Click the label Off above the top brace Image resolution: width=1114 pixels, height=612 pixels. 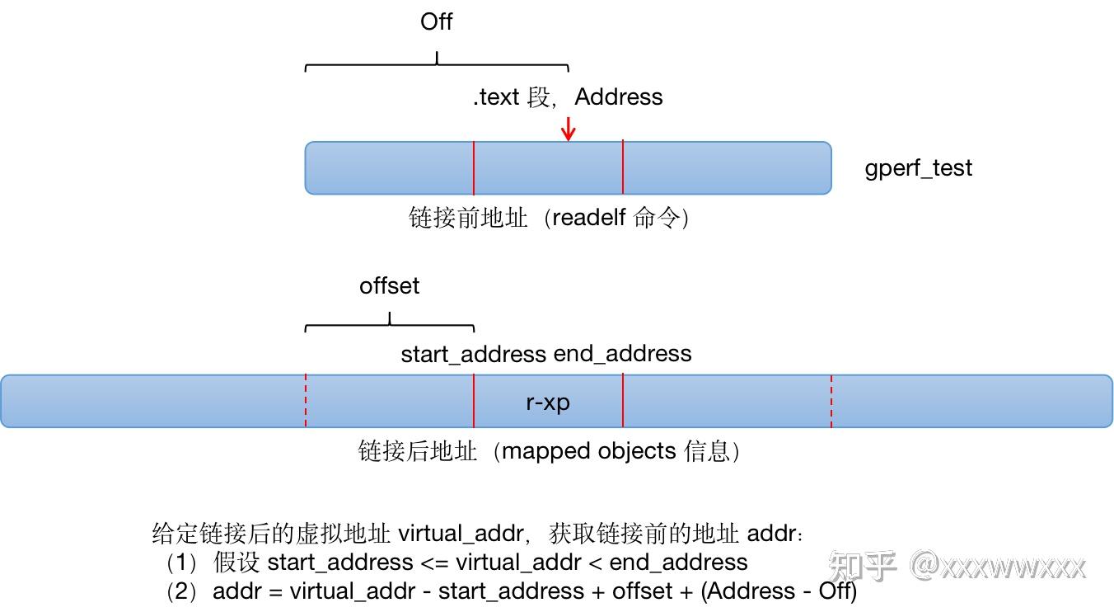pyautogui.click(x=436, y=22)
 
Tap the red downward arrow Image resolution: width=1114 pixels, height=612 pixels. pyautogui.click(x=568, y=128)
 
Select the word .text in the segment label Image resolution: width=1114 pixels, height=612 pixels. pyautogui.click(x=496, y=97)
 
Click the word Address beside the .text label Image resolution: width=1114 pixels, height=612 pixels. pyautogui.click(x=618, y=97)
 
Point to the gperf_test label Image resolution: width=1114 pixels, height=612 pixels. pyautogui.click(x=918, y=168)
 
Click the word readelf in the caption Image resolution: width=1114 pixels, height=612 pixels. pyautogui.click(x=590, y=218)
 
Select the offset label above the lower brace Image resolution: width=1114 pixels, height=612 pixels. pyautogui.click(x=389, y=286)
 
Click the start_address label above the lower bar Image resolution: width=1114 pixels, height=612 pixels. pyautogui.click(x=474, y=354)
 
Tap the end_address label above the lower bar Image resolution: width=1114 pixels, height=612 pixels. pyautogui.click(x=623, y=354)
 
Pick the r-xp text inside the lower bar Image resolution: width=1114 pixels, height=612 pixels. pyautogui.click(x=548, y=403)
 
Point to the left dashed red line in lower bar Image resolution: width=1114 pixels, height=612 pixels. pyautogui.click(x=306, y=401)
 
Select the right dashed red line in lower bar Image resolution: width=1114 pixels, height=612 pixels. pyautogui.click(x=831, y=401)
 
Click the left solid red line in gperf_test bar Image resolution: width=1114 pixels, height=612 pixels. pyautogui.click(x=474, y=168)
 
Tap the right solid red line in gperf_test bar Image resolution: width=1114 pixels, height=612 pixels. pyautogui.click(x=623, y=168)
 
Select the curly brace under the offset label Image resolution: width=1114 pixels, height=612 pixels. pyautogui.click(x=389, y=322)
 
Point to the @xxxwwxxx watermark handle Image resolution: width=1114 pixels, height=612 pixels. pyautogui.click(x=998, y=566)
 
